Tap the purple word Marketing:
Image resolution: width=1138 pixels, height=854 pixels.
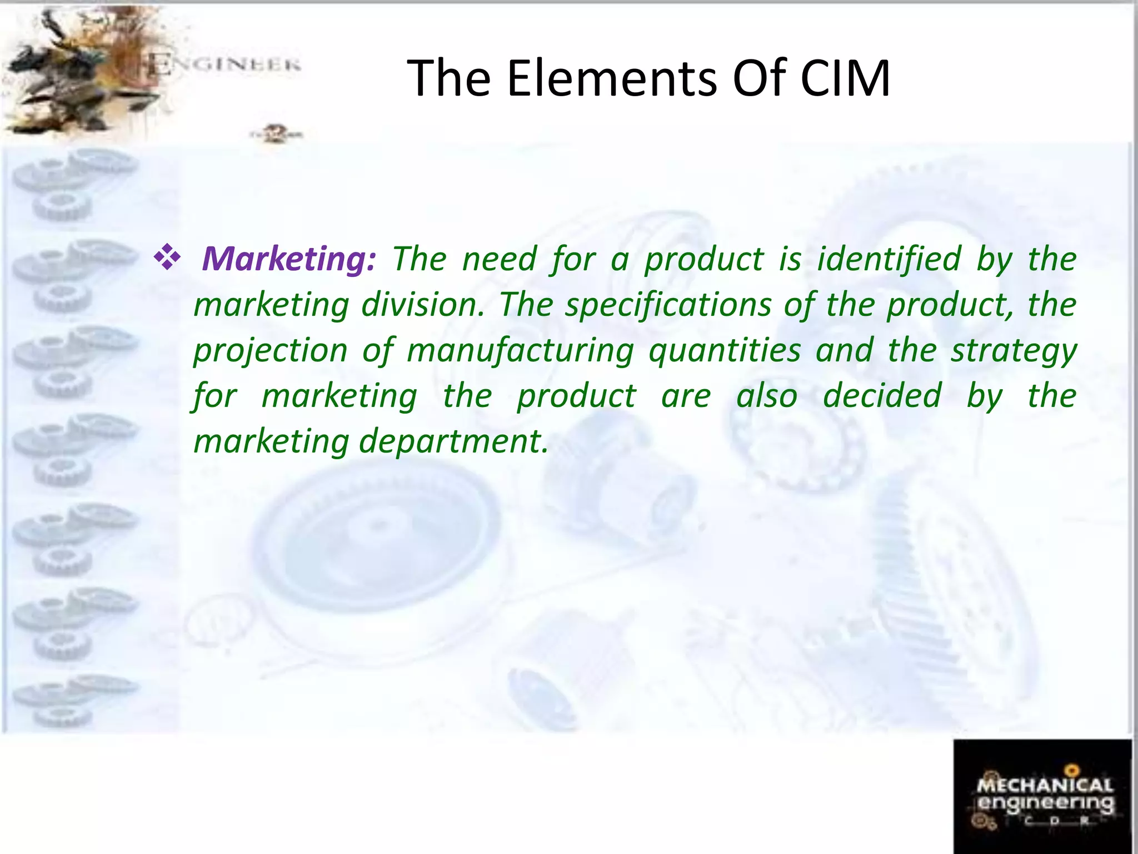289,260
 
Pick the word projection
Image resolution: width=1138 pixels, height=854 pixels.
270,351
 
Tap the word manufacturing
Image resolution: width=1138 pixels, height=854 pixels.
520,351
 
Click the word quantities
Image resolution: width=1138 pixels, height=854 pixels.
725,351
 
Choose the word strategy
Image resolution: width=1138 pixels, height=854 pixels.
1014,351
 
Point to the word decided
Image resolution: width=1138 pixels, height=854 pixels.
882,396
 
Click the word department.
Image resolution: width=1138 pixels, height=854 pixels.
453,441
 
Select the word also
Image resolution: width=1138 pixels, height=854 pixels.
767,396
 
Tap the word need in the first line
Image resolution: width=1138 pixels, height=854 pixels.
499,260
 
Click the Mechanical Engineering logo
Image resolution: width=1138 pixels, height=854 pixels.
1042,796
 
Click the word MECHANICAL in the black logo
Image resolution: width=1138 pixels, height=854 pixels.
1045,785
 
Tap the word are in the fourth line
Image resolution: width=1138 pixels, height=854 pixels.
686,396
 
